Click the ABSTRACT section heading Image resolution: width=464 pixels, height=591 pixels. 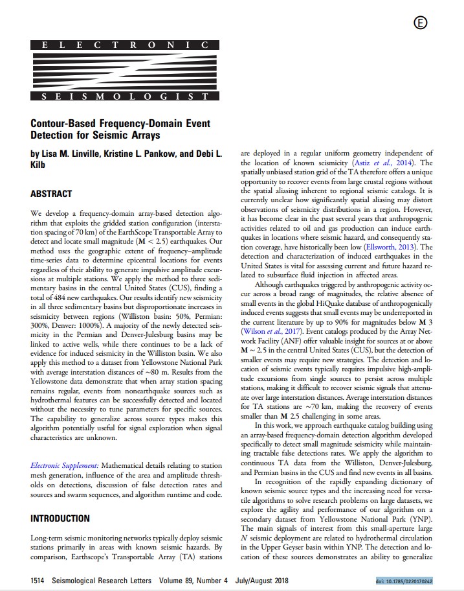coord(52,194)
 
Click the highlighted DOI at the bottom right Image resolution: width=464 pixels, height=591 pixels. coord(404,581)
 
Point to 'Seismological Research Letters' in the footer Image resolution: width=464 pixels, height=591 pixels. coord(107,581)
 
